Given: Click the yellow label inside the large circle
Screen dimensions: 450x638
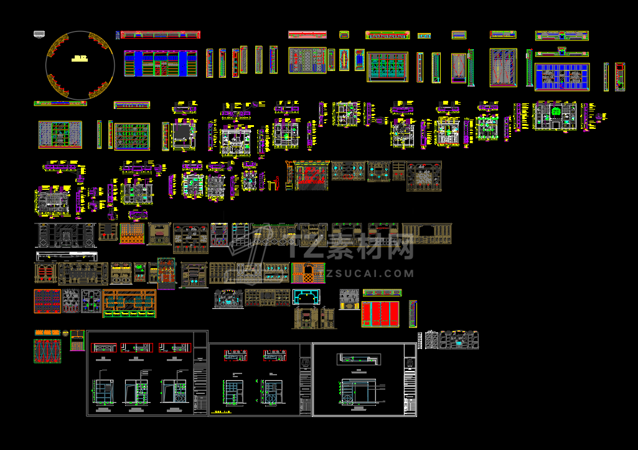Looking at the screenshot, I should tap(80, 59).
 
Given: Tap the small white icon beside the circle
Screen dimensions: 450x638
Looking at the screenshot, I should tap(40, 35).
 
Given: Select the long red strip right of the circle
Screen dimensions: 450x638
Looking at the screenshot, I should tap(160, 35).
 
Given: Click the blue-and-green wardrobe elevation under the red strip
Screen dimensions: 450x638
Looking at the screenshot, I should tap(161, 63).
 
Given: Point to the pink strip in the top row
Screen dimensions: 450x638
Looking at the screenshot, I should tap(307, 34).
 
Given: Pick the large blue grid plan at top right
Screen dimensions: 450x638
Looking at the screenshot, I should tap(562, 77).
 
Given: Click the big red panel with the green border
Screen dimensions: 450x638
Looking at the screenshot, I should tap(380, 314).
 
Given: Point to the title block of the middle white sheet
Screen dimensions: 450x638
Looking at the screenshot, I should tap(305, 379).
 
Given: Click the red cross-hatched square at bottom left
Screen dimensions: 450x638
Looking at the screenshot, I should tap(48, 351).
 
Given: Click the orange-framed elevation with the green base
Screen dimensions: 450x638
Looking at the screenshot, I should tap(129, 304).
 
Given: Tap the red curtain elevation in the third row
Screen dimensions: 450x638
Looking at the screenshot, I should tap(311, 176).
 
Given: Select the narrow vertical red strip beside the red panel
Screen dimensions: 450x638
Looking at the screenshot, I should tap(412, 313).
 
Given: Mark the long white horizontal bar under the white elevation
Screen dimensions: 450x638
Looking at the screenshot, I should tap(67, 255).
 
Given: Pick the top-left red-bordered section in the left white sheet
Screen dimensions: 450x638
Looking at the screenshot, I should tap(103, 347).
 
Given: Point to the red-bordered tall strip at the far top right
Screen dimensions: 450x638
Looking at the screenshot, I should tap(619, 77).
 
